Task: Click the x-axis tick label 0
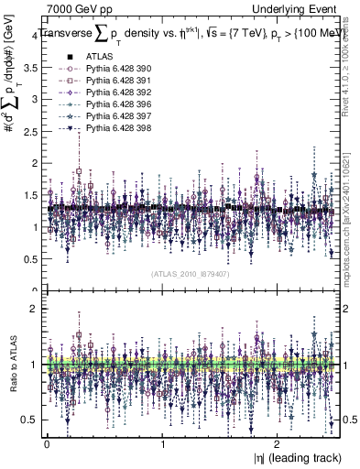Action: click(47, 443)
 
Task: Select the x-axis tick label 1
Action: click(162, 443)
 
